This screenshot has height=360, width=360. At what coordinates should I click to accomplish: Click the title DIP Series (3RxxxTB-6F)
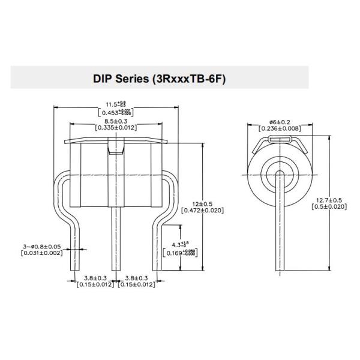pyautogui.click(x=159, y=78)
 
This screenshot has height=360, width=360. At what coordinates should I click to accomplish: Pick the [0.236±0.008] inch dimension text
pyautogui.click(x=279, y=128)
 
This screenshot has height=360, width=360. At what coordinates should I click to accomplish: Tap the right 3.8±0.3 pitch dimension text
pyautogui.click(x=136, y=277)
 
